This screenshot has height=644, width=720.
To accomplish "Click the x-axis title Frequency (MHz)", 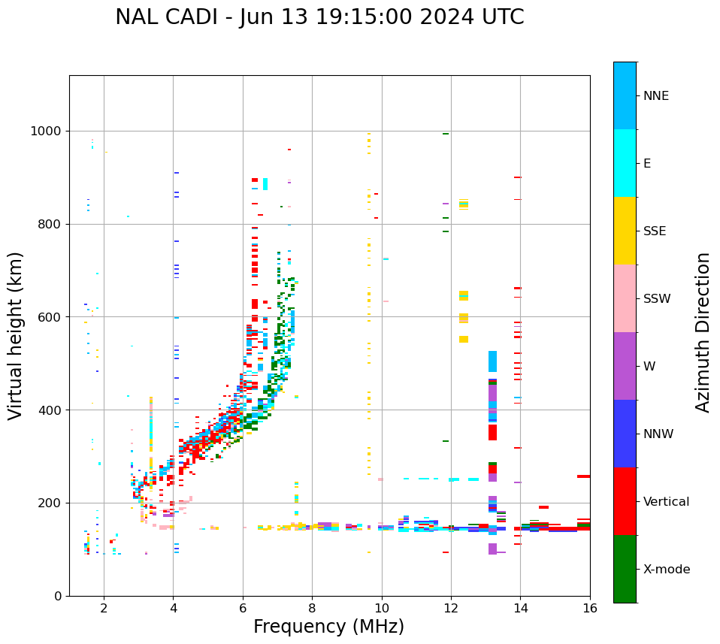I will point(328,627).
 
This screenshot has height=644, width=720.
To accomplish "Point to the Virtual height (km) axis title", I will point(16,335).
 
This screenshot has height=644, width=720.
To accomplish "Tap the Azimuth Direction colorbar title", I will point(703,331).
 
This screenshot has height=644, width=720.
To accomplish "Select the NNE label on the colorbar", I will point(655,96).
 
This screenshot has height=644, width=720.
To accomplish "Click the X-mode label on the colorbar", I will point(667,570).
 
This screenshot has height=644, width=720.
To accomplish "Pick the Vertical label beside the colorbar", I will point(667,502).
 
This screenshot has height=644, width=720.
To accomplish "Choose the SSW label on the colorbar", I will point(657,299).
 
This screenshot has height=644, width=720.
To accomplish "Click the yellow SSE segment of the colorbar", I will point(625,231).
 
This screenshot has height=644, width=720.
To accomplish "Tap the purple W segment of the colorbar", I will point(625,366).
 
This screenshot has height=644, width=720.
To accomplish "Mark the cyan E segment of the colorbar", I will point(625,163).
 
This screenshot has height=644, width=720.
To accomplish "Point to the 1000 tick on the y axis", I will point(47,132).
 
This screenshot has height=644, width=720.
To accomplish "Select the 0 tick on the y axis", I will point(58,596).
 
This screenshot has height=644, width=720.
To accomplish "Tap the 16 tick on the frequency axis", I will point(590,608).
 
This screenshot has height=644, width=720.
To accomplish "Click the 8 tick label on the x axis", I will point(312,608).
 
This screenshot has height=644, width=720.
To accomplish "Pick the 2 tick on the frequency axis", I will point(104,608).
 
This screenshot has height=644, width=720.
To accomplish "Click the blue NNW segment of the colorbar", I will point(625,434).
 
